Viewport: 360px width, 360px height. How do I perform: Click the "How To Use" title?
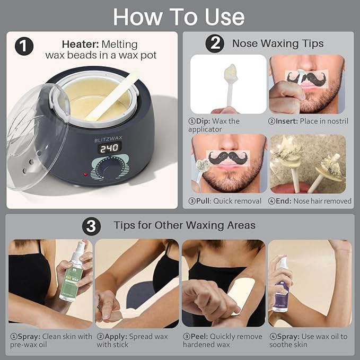179,17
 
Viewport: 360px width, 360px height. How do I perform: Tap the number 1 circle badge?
23,47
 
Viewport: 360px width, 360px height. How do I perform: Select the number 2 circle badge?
214,43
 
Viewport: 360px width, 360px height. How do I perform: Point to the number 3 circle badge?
92,225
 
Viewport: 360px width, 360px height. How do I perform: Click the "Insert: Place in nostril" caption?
308,121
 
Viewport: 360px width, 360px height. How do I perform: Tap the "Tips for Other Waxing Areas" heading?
185,225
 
